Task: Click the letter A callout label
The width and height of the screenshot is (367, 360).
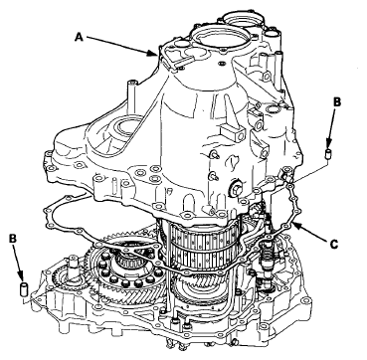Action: click(79, 36)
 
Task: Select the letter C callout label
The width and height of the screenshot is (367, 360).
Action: click(334, 245)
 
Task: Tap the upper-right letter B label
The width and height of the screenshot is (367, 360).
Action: click(336, 102)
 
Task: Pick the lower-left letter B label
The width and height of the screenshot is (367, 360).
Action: click(13, 238)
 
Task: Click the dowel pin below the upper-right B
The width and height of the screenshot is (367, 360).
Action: click(328, 154)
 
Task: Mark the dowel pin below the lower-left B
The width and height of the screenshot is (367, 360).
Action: click(24, 288)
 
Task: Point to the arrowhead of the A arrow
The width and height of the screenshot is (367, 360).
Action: click(154, 53)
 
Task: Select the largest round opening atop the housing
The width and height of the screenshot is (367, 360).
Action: click(222, 41)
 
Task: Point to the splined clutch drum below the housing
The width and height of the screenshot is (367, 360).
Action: click(201, 246)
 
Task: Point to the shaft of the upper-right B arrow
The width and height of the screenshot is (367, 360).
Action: click(331, 128)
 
